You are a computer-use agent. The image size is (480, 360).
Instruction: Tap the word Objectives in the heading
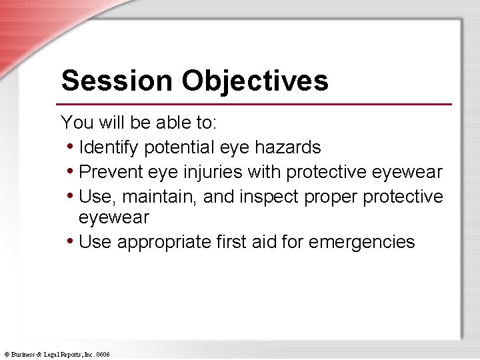click(x=255, y=81)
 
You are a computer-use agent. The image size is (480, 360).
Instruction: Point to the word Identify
click(x=109, y=147)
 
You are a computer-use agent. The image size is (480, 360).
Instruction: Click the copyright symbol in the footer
click(x=6, y=354)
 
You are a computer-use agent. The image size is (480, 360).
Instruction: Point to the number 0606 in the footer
click(x=103, y=354)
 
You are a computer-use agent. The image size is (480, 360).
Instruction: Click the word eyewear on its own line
click(x=113, y=218)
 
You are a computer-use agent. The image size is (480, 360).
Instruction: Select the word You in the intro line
click(x=74, y=123)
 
